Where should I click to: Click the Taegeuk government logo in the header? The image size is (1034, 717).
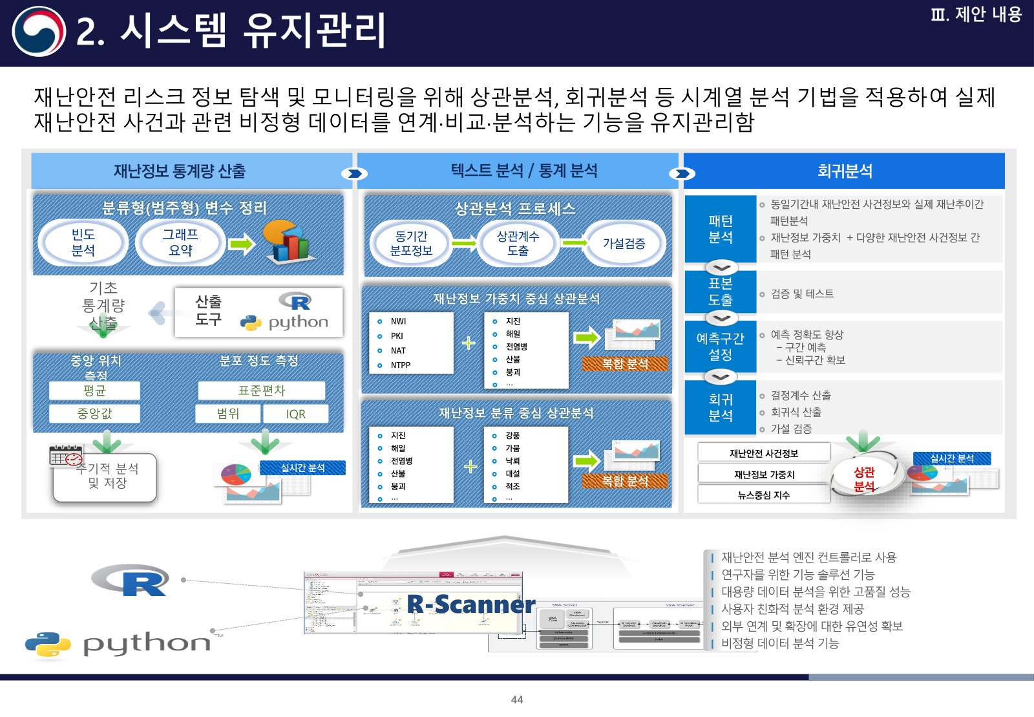(x=39, y=31)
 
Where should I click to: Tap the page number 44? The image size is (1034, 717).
(x=517, y=700)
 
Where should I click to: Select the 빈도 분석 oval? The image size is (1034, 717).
(x=83, y=242)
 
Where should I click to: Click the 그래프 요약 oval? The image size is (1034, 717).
(x=180, y=242)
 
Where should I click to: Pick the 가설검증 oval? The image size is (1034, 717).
(x=624, y=244)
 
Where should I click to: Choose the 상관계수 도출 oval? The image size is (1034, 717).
(x=518, y=244)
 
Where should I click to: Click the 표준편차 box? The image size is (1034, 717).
(x=261, y=391)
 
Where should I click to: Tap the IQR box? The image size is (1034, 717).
(x=295, y=414)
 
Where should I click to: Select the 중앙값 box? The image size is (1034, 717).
(x=94, y=414)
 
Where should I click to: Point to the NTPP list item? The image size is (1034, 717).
(x=400, y=365)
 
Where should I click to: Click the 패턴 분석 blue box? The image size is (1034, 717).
(x=720, y=229)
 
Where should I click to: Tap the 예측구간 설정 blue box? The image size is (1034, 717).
(x=720, y=347)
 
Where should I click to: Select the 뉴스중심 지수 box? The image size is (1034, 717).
(x=763, y=495)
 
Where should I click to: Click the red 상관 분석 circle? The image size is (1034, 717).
(x=864, y=479)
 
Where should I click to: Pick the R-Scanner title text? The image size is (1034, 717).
(x=470, y=605)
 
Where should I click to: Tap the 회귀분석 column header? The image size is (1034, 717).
(x=844, y=171)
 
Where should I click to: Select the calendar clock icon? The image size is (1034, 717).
(x=66, y=456)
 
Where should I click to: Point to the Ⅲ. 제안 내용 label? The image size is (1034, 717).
(x=976, y=15)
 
